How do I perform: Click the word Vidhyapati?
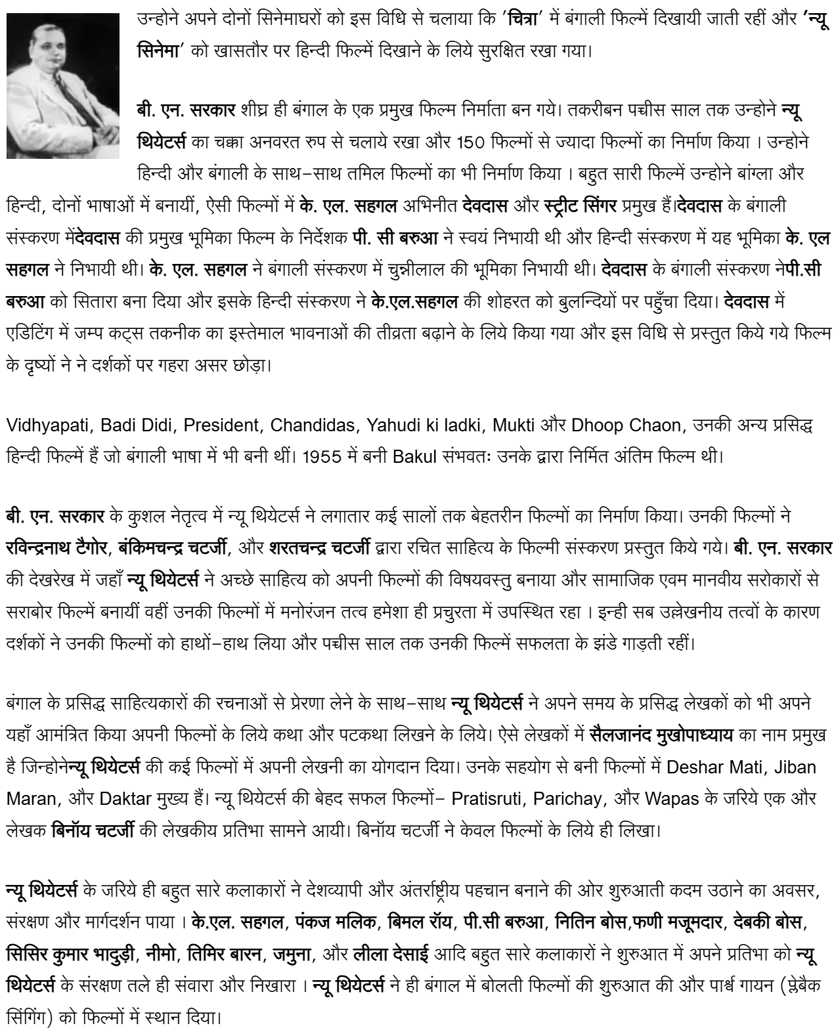coord(47,425)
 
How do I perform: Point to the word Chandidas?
coord(312,425)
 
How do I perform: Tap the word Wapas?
coord(672,799)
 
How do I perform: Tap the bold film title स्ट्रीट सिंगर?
coord(581,206)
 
